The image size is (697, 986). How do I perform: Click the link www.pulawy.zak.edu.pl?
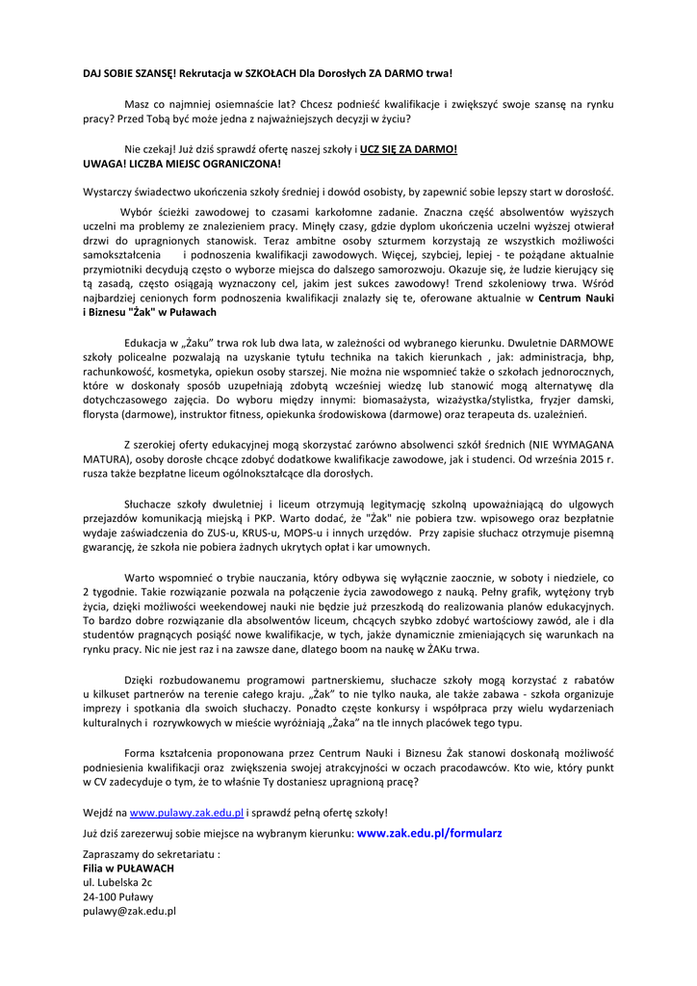tap(187, 813)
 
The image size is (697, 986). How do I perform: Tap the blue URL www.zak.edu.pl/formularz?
tap(429, 832)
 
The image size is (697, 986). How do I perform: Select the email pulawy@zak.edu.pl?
tap(129, 909)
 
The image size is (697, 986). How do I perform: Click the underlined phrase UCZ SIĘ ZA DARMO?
tap(408, 149)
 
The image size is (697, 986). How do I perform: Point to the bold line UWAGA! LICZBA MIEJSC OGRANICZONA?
tap(168, 164)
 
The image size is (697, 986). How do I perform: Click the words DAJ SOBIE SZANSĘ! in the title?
tap(130, 73)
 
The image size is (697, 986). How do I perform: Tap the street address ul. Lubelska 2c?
tap(117, 881)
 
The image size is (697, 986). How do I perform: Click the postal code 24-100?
tap(99, 895)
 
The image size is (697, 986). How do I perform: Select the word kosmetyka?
tap(199, 371)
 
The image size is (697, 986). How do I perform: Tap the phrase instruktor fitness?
tap(199, 413)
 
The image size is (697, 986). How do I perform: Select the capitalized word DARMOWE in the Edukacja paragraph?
tap(586, 343)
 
